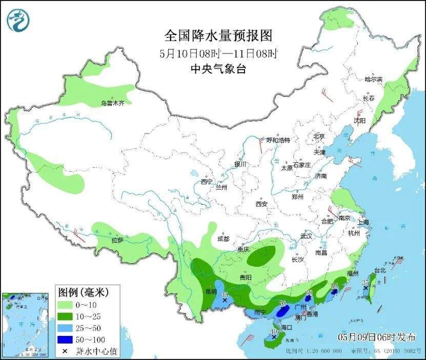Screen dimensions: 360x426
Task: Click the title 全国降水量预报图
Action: [x=217, y=35]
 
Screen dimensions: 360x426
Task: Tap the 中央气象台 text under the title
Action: [x=217, y=69]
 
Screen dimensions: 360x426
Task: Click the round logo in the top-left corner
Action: [x=18, y=20]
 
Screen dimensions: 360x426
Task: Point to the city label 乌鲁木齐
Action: [x=112, y=103]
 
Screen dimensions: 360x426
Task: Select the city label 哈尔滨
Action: [x=373, y=79]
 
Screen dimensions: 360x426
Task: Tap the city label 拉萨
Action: [x=117, y=240]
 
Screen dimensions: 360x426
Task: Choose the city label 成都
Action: [x=223, y=239]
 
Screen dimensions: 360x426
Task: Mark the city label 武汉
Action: [x=306, y=236]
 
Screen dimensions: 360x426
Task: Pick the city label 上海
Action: [x=363, y=222]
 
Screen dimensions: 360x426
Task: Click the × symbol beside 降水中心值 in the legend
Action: [x=65, y=351]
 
